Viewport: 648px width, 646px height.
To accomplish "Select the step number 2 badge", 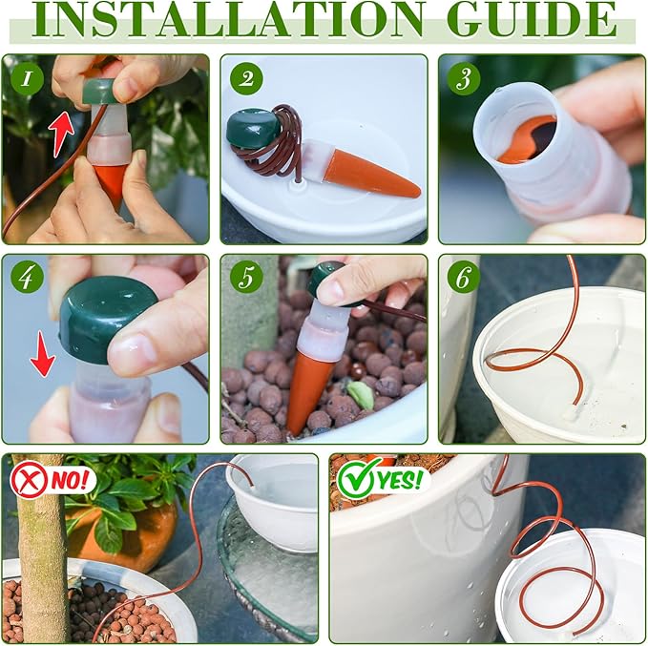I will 246,79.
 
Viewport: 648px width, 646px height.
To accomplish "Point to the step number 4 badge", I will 27,277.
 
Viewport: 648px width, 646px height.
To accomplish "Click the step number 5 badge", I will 246,277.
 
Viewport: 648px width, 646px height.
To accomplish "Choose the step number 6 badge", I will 463,277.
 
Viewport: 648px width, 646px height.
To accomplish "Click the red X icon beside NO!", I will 29,479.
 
